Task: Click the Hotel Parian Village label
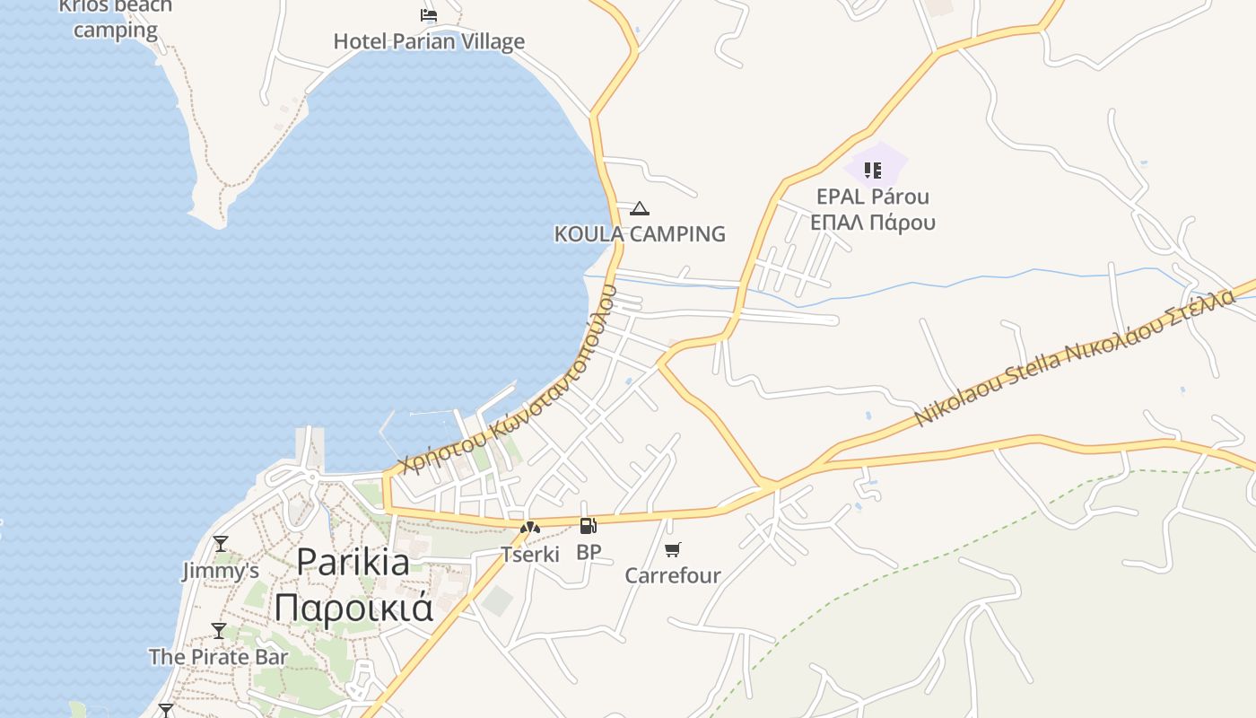coord(429,41)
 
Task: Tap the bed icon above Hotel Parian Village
coord(429,14)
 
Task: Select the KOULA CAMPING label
coord(640,234)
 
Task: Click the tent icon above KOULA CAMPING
coord(639,209)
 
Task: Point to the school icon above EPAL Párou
coord(873,170)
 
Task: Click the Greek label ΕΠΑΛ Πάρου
coord(873,223)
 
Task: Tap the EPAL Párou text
coord(873,197)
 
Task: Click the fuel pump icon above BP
coord(588,527)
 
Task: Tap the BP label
coord(589,552)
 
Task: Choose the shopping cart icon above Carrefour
coord(672,549)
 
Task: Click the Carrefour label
coord(673,575)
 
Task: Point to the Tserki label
coord(530,554)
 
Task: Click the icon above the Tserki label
coord(530,528)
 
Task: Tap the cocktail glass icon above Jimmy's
coord(220,544)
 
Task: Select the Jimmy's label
coord(221,571)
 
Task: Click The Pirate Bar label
coord(219,657)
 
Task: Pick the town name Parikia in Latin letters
coord(353,563)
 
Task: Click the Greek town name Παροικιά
coord(353,608)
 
